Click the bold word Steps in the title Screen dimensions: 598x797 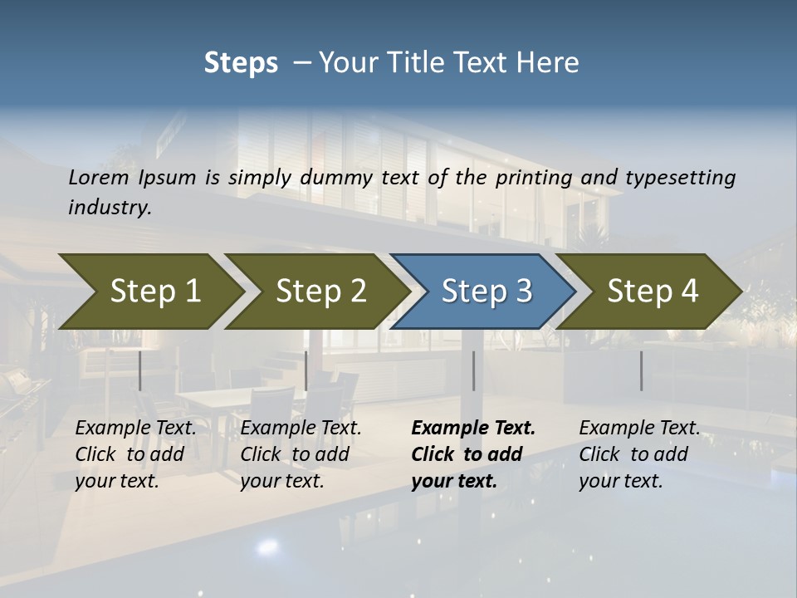pos(241,63)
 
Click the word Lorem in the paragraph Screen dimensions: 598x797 pos(99,178)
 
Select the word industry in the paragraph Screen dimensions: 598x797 pos(109,208)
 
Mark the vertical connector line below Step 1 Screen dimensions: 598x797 pos(140,370)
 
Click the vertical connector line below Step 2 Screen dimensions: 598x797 pos(306,370)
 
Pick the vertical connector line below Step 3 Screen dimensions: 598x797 pos(474,370)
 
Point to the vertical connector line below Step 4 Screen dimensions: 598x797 pos(641,370)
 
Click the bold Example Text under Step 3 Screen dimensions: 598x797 pos(473,429)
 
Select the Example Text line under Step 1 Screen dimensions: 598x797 pos(135,429)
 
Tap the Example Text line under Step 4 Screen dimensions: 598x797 pos(639,429)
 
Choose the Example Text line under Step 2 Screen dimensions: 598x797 pos(301,429)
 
